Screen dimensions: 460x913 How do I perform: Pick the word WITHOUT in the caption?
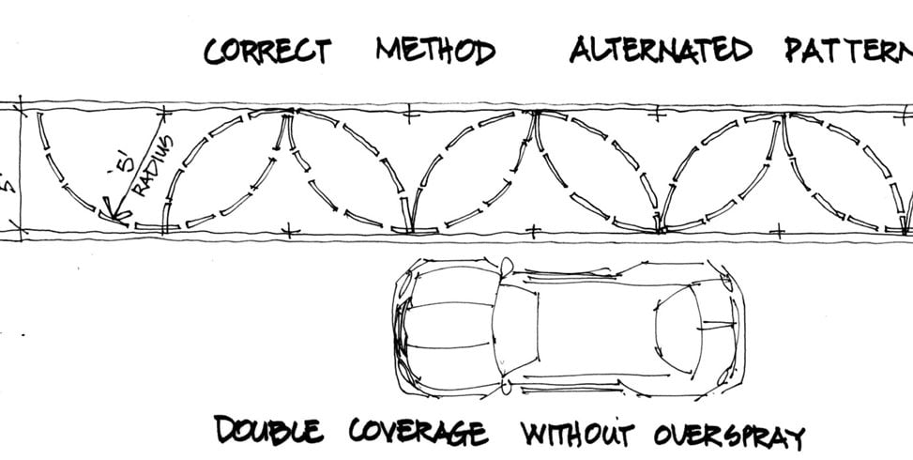[x=577, y=435]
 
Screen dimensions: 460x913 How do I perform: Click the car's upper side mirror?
[x=506, y=266]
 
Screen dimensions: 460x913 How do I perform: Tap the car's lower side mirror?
[x=506, y=385]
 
